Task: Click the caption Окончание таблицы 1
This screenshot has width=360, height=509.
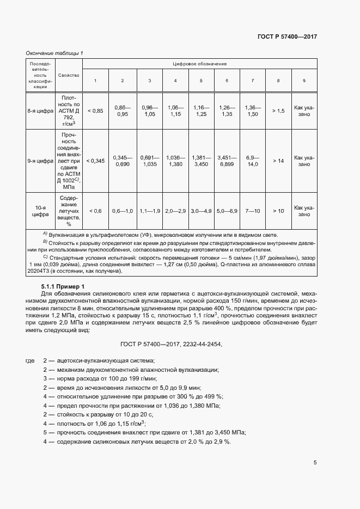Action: click(54, 53)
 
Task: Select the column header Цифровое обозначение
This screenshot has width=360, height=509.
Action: click(199, 64)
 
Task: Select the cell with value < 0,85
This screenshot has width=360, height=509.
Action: click(95, 111)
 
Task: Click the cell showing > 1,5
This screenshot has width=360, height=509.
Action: click(278, 111)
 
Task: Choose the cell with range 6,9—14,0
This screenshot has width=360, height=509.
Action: click(252, 161)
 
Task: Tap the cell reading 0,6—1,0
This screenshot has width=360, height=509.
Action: click(122, 210)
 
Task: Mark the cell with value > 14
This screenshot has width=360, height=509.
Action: click(278, 161)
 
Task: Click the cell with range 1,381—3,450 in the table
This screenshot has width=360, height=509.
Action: click(201, 161)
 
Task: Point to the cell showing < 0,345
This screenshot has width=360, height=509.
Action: click(95, 161)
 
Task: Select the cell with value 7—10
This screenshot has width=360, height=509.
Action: click(252, 210)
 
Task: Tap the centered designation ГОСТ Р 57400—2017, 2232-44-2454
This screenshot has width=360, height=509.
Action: click(172, 344)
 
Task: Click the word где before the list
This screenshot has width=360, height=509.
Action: click(30, 361)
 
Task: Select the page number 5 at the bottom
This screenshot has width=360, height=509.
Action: click(315, 463)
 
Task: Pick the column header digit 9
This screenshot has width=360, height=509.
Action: click(304, 81)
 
